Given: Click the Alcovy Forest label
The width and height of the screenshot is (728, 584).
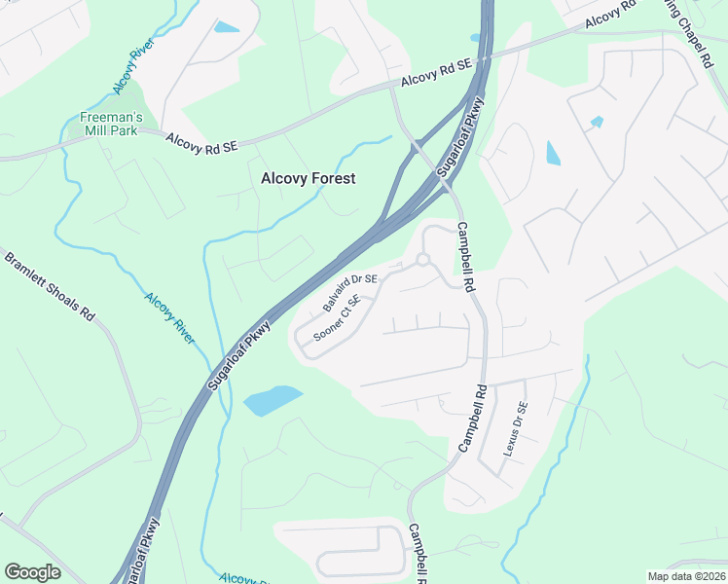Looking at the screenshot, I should click(x=308, y=178).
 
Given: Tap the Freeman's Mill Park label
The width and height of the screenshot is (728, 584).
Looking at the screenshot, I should click(x=111, y=125).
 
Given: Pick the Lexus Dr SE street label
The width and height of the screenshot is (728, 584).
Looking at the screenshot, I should click(x=515, y=429).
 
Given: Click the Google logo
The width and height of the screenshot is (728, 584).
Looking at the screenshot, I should click(x=32, y=572).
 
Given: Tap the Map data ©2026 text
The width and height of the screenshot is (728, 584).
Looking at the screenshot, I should click(x=686, y=576).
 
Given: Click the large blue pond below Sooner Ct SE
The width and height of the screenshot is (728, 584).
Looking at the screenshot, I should click(x=272, y=400).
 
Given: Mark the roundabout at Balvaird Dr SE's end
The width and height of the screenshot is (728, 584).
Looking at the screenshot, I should click(x=422, y=260).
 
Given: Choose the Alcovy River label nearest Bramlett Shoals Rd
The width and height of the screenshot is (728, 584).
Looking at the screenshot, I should click(x=169, y=316).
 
